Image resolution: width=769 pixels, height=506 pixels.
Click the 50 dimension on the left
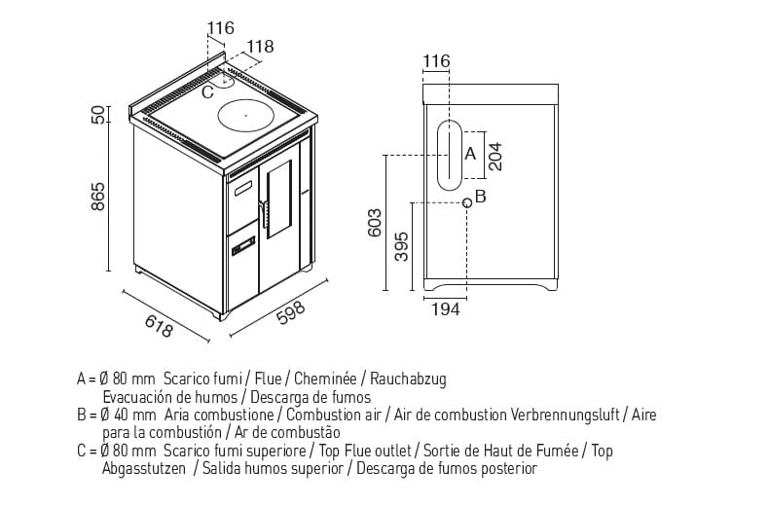(x=97, y=114)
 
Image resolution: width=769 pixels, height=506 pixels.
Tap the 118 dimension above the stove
(x=260, y=46)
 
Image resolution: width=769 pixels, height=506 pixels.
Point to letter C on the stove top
(x=206, y=93)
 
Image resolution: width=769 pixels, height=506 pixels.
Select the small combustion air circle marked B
(x=467, y=202)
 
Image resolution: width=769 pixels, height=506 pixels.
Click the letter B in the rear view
(x=481, y=196)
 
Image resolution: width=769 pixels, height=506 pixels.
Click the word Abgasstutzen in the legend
(x=144, y=469)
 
